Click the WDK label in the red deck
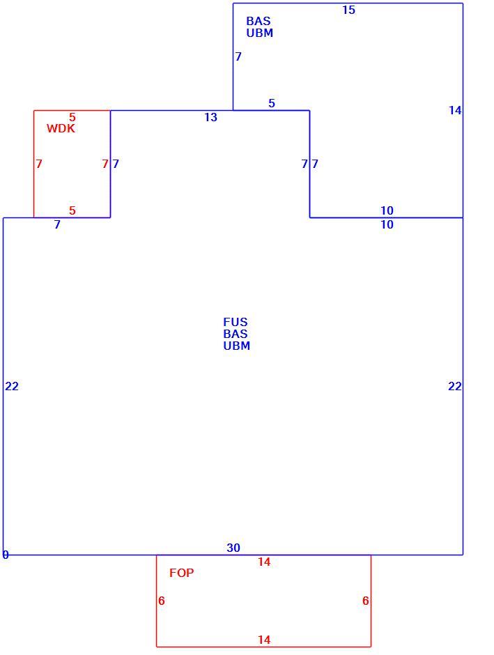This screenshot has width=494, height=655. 61,128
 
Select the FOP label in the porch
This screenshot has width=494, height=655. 182,573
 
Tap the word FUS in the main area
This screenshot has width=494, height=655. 235,322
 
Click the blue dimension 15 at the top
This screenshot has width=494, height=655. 348,10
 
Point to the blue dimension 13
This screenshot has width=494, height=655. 211,117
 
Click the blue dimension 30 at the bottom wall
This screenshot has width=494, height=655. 233,548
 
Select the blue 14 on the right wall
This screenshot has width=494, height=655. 455,110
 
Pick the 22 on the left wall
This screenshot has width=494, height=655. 12,386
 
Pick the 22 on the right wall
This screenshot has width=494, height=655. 455,386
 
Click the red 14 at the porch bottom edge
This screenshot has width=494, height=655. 264,640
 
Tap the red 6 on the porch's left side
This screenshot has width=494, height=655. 162,601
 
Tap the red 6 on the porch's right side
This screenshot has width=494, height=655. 365,601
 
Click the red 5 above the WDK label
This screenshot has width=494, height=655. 72,117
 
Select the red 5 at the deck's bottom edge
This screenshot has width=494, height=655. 72,210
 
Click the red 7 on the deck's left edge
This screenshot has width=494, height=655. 39,164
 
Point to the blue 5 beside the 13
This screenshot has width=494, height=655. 272,103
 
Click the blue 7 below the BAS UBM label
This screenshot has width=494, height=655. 238,56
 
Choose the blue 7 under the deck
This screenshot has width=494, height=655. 57,225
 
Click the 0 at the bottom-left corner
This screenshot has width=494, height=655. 6,555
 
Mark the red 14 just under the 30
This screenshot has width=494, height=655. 264,562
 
